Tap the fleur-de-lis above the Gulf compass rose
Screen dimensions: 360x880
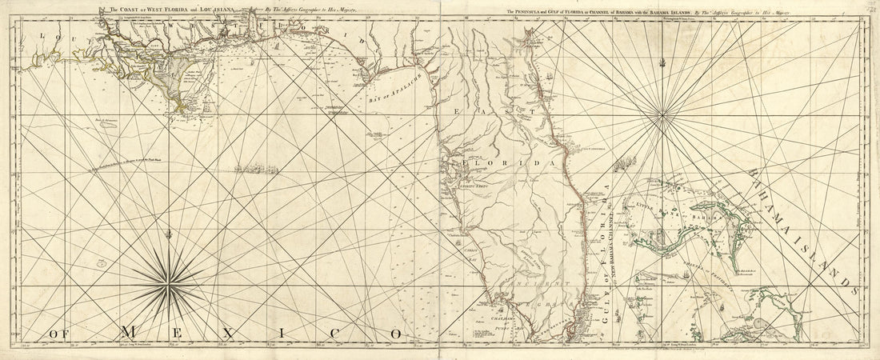168,235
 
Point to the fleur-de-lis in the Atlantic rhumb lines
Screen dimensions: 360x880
661,60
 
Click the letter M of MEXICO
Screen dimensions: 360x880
129,331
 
